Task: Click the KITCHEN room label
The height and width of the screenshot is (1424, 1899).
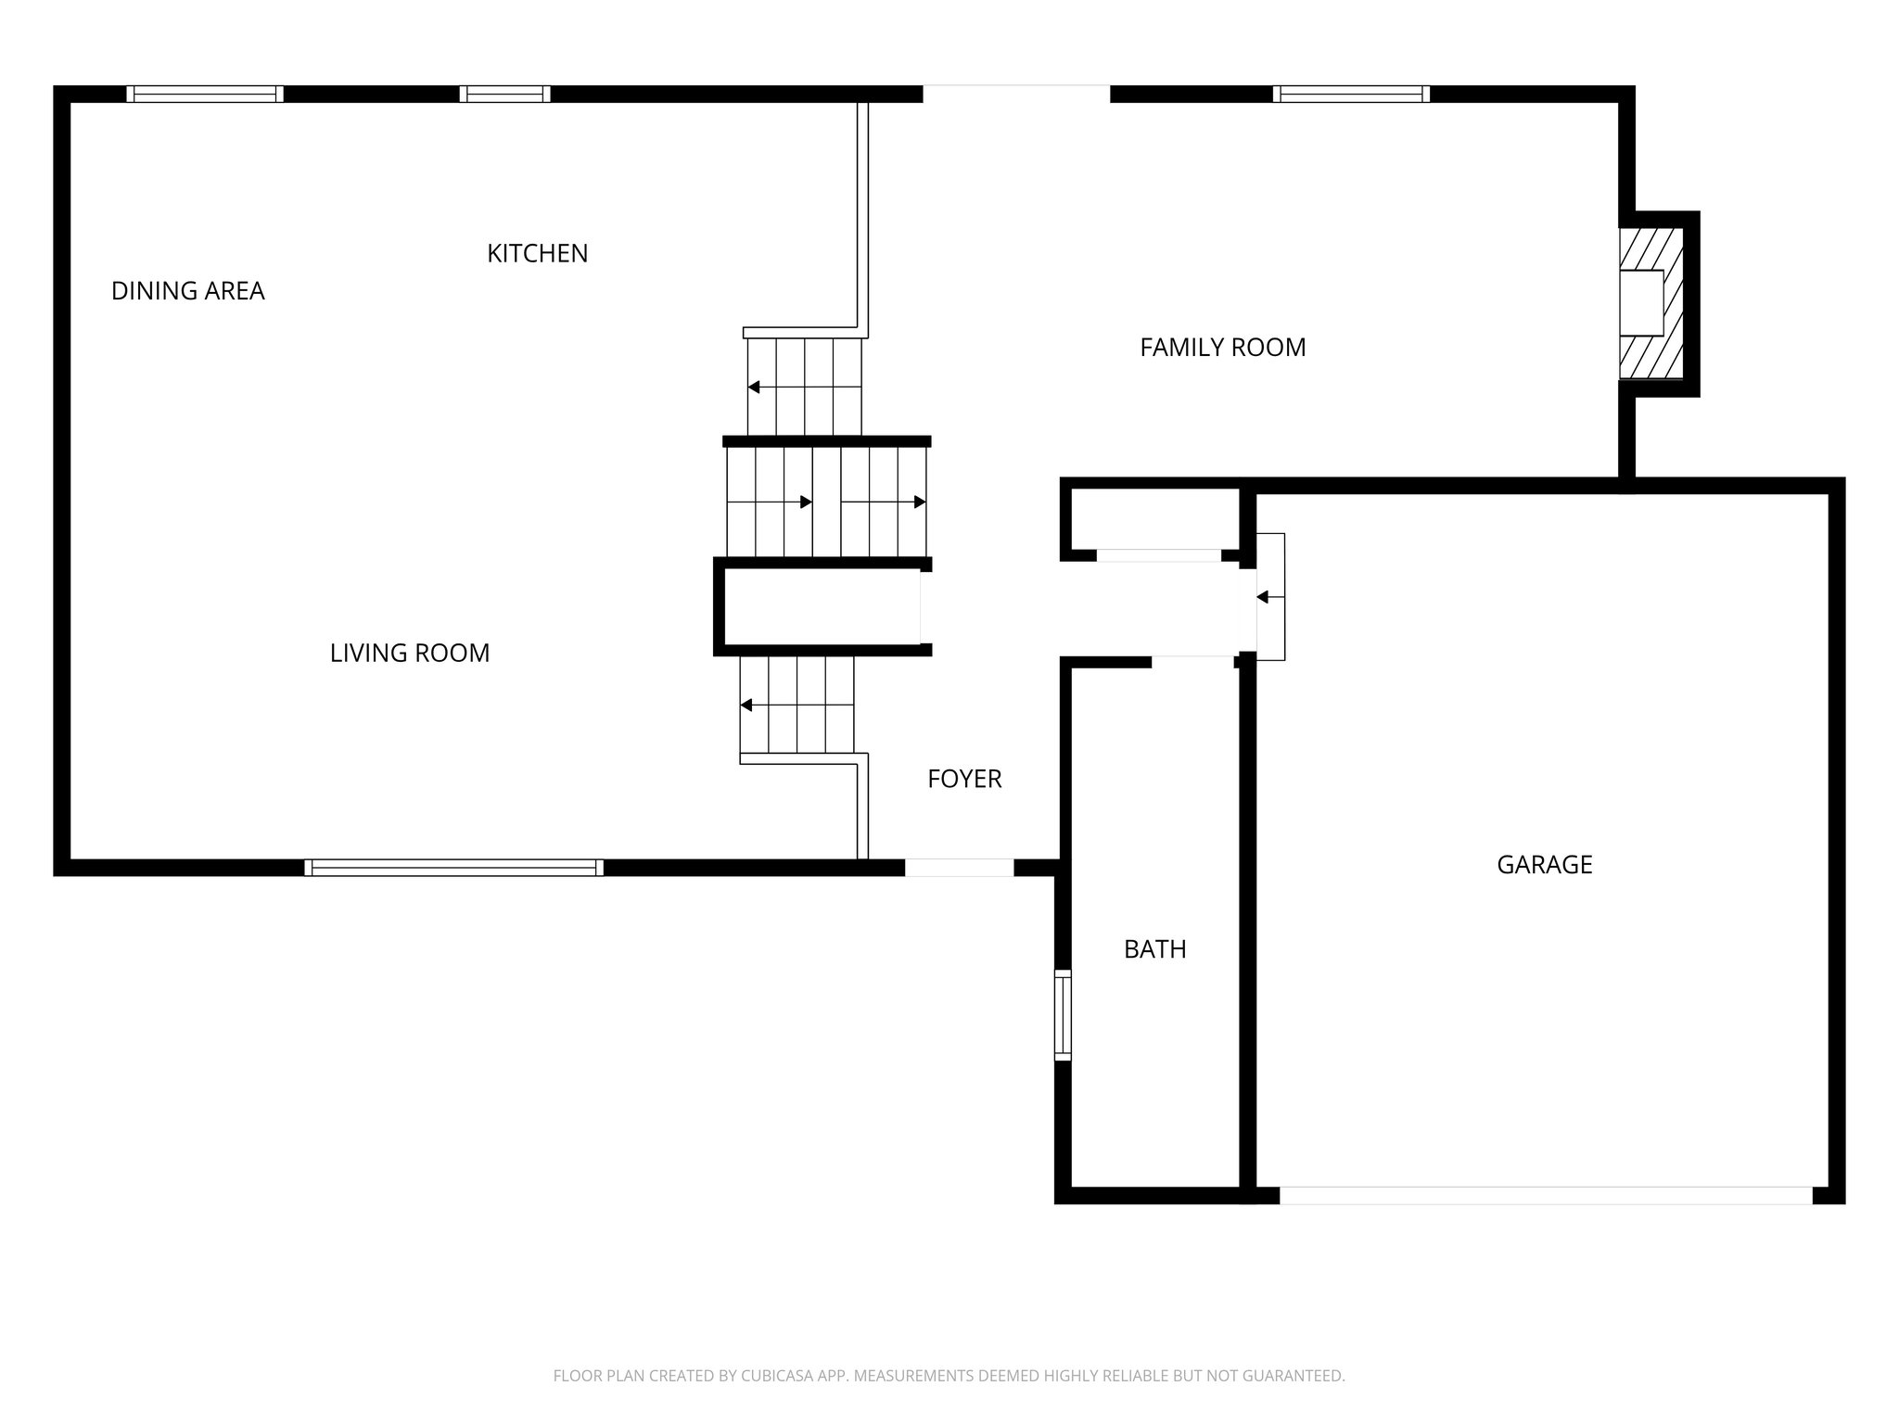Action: click(x=537, y=253)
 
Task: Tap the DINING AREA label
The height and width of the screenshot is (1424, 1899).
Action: click(x=188, y=291)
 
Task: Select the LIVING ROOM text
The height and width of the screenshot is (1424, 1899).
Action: click(x=410, y=653)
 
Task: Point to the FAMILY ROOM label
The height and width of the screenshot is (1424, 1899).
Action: click(x=1222, y=348)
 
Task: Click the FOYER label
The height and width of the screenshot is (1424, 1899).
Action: click(x=964, y=779)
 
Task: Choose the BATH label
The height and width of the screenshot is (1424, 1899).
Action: click(x=1154, y=949)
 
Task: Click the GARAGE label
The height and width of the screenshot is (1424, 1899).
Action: click(x=1544, y=865)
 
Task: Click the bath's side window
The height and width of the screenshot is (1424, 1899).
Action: click(x=1063, y=1014)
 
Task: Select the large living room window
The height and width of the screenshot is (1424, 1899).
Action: click(x=453, y=868)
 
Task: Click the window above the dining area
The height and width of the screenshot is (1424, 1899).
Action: click(x=205, y=94)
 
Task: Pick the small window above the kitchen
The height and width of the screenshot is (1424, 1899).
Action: click(x=504, y=94)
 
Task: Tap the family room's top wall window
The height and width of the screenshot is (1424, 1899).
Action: click(x=1350, y=94)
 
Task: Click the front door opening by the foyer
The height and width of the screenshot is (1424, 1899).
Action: click(x=959, y=868)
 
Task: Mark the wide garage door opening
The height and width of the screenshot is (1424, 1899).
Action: click(x=1545, y=1196)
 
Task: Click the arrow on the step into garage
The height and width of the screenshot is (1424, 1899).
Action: click(x=1263, y=597)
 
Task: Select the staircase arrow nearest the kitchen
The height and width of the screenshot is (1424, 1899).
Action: click(x=755, y=387)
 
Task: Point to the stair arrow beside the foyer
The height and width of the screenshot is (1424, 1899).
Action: click(x=746, y=706)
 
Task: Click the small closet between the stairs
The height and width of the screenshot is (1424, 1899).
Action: click(x=821, y=605)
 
